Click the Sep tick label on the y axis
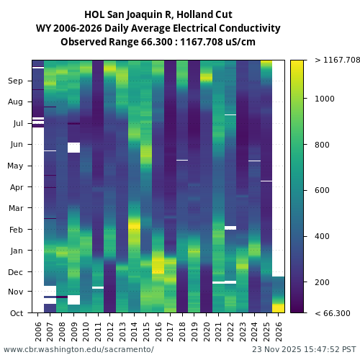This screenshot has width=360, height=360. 15,81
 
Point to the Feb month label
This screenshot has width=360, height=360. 15,230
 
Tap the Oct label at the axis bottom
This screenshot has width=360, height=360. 15,313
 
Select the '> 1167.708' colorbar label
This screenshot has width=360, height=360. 337,60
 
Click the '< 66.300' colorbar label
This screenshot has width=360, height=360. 332,313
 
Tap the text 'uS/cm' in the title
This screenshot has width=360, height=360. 241,42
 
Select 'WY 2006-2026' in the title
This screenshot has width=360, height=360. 67,28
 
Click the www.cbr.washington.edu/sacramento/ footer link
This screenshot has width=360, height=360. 78,349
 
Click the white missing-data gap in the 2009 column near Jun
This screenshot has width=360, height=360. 73,148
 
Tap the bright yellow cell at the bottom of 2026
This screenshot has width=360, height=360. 279,307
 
